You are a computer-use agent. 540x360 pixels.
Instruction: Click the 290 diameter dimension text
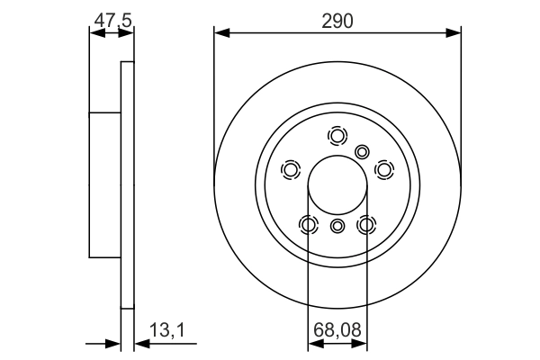click(x=338, y=18)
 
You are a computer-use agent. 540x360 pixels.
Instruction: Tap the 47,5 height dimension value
click(x=111, y=18)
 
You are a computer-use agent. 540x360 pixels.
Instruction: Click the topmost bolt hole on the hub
click(x=337, y=136)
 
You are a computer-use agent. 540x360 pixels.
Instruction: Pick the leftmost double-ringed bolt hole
click(x=291, y=169)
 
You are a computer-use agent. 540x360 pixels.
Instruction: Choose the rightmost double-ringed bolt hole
click(x=384, y=169)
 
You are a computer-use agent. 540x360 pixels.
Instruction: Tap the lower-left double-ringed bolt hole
click(x=309, y=224)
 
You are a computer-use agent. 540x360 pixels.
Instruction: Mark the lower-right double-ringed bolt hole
click(x=366, y=224)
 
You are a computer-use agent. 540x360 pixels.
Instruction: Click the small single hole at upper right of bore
click(x=363, y=151)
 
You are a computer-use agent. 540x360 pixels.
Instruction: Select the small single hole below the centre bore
click(x=337, y=226)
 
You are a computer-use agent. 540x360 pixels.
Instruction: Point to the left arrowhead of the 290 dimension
click(x=219, y=33)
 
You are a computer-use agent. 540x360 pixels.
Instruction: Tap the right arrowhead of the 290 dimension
click(x=456, y=33)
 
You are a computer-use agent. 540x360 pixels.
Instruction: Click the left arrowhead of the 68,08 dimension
click(x=312, y=344)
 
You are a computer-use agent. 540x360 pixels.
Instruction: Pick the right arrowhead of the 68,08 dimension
click(x=363, y=344)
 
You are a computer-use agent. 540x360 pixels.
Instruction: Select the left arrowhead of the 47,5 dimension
click(x=94, y=33)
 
